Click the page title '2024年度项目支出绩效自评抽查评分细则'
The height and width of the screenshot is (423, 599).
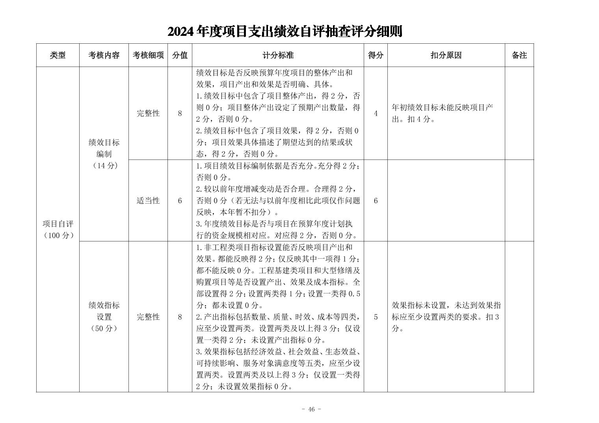coord(285,32)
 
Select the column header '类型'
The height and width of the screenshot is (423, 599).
coord(58,56)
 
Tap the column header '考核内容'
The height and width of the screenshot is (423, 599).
coord(104,56)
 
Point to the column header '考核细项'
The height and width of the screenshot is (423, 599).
coord(148,56)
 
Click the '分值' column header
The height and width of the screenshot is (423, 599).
coord(180,56)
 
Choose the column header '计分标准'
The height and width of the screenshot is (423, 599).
coord(278,56)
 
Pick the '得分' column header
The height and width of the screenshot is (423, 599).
coord(376,56)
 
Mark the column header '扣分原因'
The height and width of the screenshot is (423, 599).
coord(446,56)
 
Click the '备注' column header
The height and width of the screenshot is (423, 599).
coord(519,56)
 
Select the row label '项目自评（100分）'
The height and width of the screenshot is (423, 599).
coord(58,230)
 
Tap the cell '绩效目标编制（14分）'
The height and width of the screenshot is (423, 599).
coord(104,154)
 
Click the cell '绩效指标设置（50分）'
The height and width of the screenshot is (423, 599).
coord(104,317)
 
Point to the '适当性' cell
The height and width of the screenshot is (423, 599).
coord(148,201)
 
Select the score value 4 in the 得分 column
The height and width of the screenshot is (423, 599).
coord(376,113)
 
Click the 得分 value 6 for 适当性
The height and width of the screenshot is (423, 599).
coord(376,201)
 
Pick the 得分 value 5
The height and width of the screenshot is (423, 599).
coord(376,317)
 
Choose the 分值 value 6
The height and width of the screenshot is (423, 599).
coord(180,201)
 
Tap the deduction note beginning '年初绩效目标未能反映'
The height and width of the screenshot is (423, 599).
coord(442,113)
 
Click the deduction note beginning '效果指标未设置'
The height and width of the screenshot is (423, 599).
coord(446,317)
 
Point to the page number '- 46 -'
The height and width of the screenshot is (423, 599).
coord(311,409)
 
